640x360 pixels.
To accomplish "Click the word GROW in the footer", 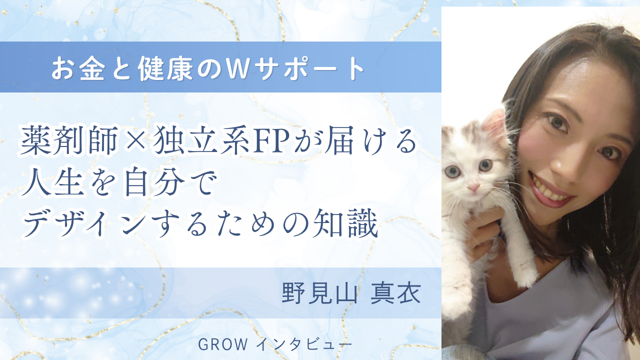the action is pos(222,344).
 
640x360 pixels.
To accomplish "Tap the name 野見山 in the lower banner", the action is pos(319,293).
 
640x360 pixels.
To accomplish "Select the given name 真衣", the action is pos(395,293).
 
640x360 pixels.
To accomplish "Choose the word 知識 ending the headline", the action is pos(345,223).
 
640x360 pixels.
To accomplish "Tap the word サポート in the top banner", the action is pos(309,69).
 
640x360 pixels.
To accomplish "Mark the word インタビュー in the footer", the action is pos(304,345).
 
